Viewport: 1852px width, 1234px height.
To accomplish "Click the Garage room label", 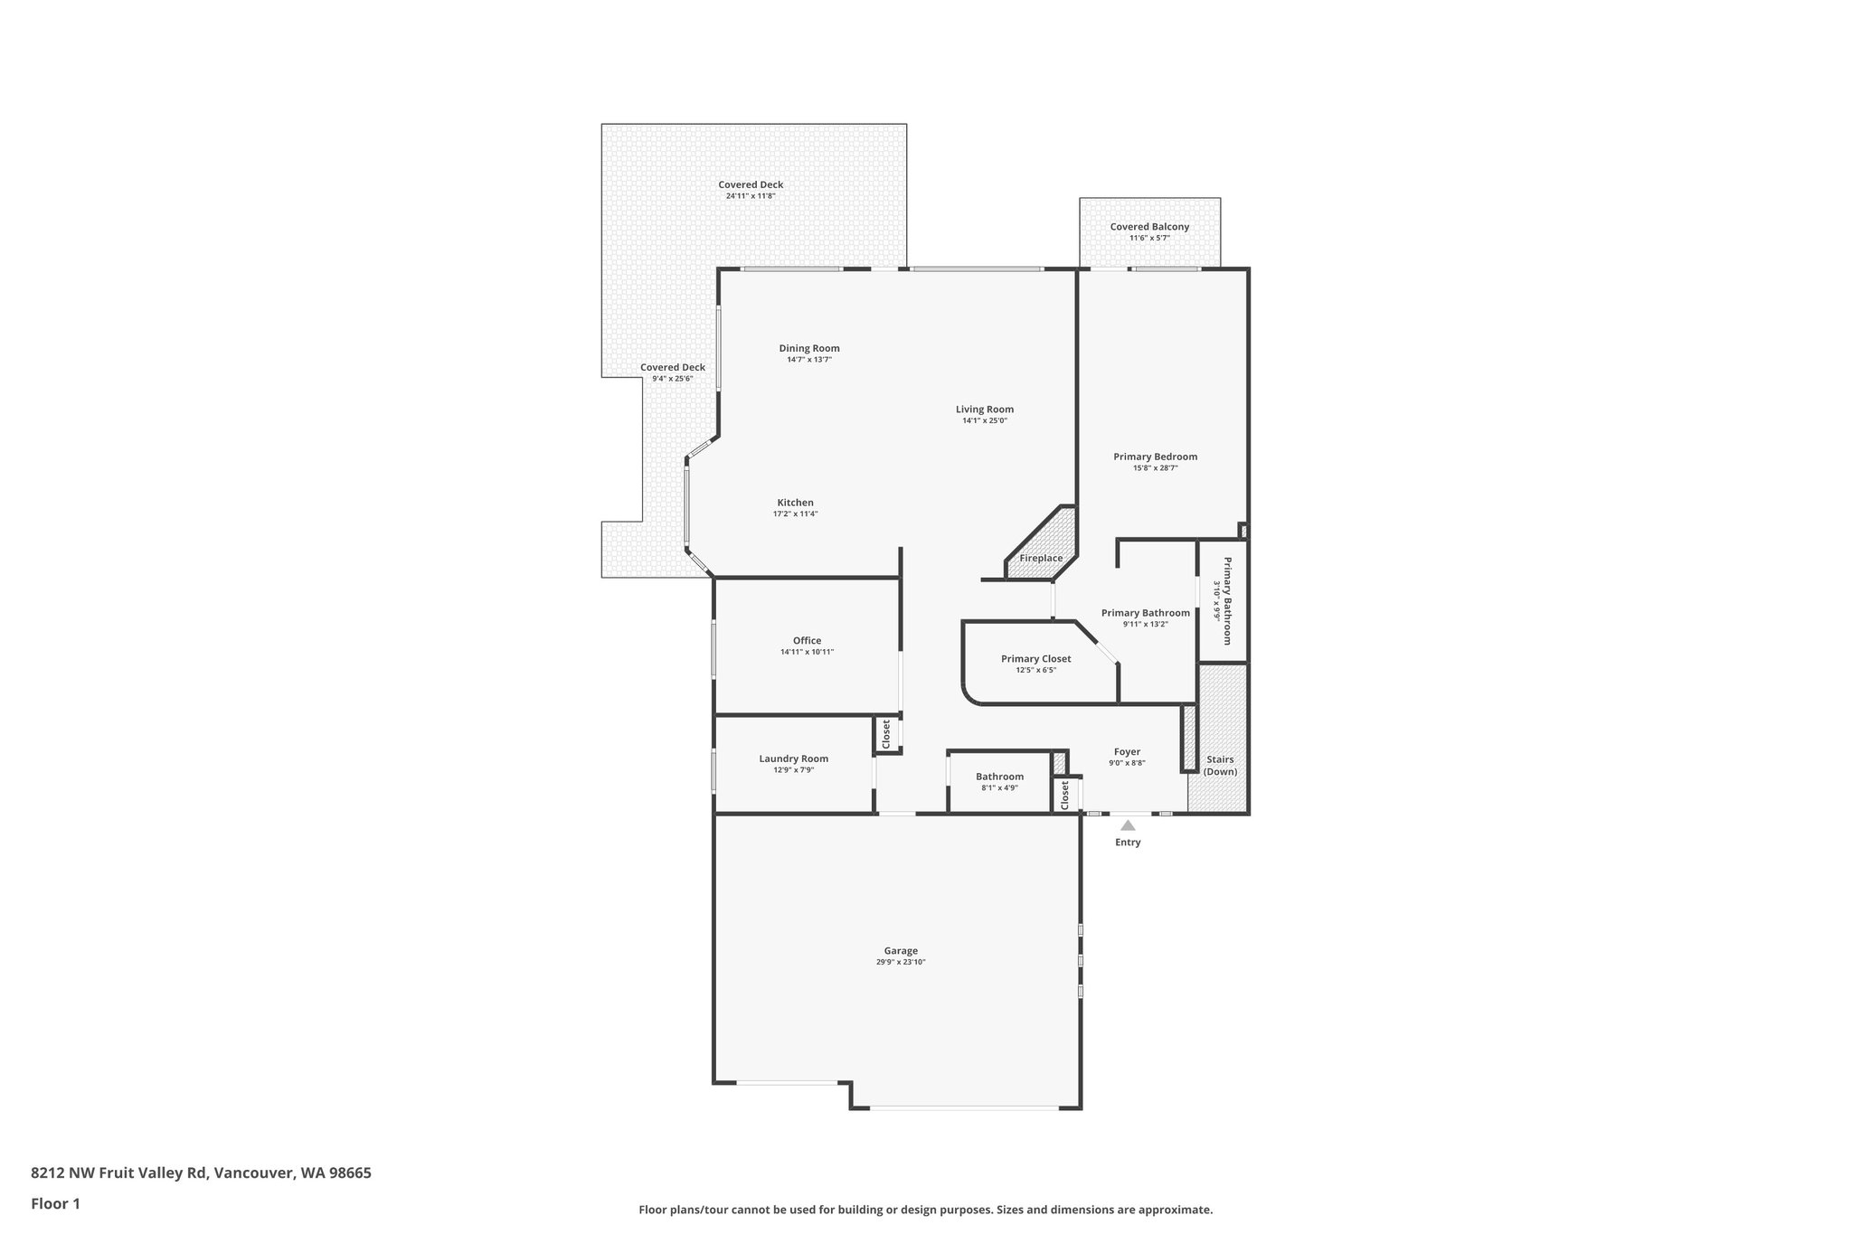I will (901, 950).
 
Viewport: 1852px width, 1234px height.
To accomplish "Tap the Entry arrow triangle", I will (1128, 825).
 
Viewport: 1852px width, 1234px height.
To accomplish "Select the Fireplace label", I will (1041, 558).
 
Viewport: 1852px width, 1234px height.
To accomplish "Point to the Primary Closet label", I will (1035, 659).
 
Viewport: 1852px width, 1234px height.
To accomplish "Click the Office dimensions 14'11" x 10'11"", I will (807, 652).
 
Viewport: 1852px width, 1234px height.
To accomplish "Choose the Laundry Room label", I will (793, 758).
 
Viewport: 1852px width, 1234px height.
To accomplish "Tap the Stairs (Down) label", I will (1220, 765).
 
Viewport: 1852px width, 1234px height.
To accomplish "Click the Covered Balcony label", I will (1149, 227).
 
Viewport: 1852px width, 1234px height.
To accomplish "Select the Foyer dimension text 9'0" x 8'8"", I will (1127, 763).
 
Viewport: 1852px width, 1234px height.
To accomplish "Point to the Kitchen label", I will (795, 503).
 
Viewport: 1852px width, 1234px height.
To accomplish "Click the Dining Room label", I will (809, 348).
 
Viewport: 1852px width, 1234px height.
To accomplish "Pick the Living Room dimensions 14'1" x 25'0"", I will (985, 420).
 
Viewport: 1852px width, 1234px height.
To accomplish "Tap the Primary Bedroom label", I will (1155, 457).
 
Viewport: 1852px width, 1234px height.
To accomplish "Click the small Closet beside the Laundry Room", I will (886, 733).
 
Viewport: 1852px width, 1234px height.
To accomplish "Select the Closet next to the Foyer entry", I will (1065, 795).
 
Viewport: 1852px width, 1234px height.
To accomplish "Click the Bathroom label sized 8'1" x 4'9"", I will (999, 777).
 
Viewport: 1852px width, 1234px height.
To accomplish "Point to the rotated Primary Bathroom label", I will (1227, 600).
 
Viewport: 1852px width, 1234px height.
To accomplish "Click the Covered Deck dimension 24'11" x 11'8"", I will (751, 196).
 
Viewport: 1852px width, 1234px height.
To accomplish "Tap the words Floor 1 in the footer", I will (55, 1203).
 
